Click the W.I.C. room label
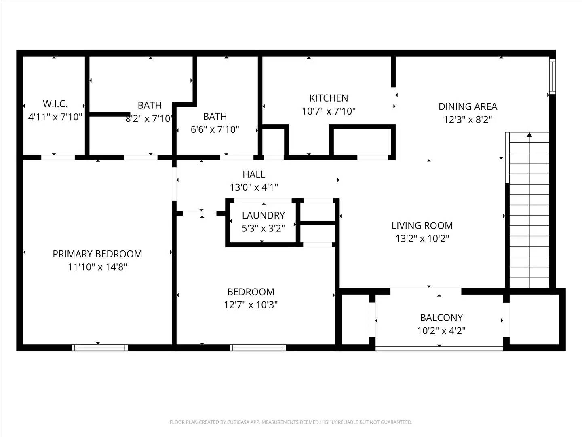tap(55, 104)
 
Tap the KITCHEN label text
tap(329, 98)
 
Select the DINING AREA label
tap(468, 106)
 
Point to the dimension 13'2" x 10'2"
tap(422, 239)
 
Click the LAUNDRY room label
tap(263, 215)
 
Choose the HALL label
tap(254, 174)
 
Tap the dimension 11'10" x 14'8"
tap(97, 267)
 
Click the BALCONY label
tap(441, 318)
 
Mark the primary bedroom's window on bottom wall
tap(100, 347)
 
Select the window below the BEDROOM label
tap(258, 347)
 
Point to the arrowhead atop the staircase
tap(529, 136)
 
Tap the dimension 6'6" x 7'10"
tap(215, 129)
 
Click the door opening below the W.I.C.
tap(58, 157)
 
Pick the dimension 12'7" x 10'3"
tap(251, 305)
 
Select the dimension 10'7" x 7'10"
tap(329, 111)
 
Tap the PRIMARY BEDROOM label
tap(97, 254)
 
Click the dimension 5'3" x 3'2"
tap(263, 228)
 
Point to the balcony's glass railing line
tap(439, 348)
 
